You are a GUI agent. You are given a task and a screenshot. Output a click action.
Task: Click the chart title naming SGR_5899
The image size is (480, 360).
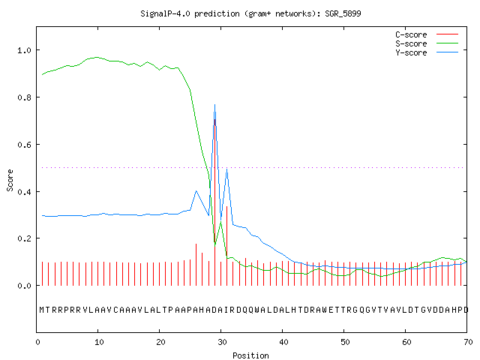pos(250,13)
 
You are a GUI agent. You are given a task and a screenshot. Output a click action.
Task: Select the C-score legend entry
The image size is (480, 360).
pos(427,34)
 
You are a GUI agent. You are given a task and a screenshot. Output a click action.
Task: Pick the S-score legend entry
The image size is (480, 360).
pos(427,43)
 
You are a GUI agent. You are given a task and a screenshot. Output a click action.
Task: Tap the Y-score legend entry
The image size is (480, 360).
pos(427,52)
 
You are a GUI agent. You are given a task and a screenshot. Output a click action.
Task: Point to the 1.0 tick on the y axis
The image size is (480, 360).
pos(24,50)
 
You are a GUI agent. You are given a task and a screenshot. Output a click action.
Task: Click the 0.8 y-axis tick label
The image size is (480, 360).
pos(24,97)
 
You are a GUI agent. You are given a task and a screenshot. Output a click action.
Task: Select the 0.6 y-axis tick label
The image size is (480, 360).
pos(24,145)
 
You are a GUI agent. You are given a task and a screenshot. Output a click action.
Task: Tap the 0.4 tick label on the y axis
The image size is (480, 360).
pos(24,192)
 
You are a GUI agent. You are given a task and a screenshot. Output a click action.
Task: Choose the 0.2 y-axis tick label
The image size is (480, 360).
pos(24,238)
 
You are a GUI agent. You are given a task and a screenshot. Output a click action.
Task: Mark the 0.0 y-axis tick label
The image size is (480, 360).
pos(24,286)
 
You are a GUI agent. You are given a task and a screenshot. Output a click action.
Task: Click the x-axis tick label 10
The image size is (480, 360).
pos(99,342)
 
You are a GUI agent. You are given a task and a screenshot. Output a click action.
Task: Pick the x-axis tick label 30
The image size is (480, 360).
pos(222,342)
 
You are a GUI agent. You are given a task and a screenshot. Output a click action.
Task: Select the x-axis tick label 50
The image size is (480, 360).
pos(345,342)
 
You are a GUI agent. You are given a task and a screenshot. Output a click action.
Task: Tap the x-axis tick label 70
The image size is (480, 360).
pos(468,342)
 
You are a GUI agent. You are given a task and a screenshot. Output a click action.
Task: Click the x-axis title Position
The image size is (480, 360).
pos(250,355)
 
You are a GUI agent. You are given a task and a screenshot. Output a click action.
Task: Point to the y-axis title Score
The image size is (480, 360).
pos(10,181)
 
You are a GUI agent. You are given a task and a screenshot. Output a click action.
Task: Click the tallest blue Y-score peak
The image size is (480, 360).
pos(215,105)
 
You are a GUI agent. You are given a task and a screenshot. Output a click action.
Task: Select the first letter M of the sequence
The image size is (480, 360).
pos(42,310)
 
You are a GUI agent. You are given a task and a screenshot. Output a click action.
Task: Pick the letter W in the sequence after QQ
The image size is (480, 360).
pos(256,310)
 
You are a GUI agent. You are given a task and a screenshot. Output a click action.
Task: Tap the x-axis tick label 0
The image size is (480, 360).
pos(37,342)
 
